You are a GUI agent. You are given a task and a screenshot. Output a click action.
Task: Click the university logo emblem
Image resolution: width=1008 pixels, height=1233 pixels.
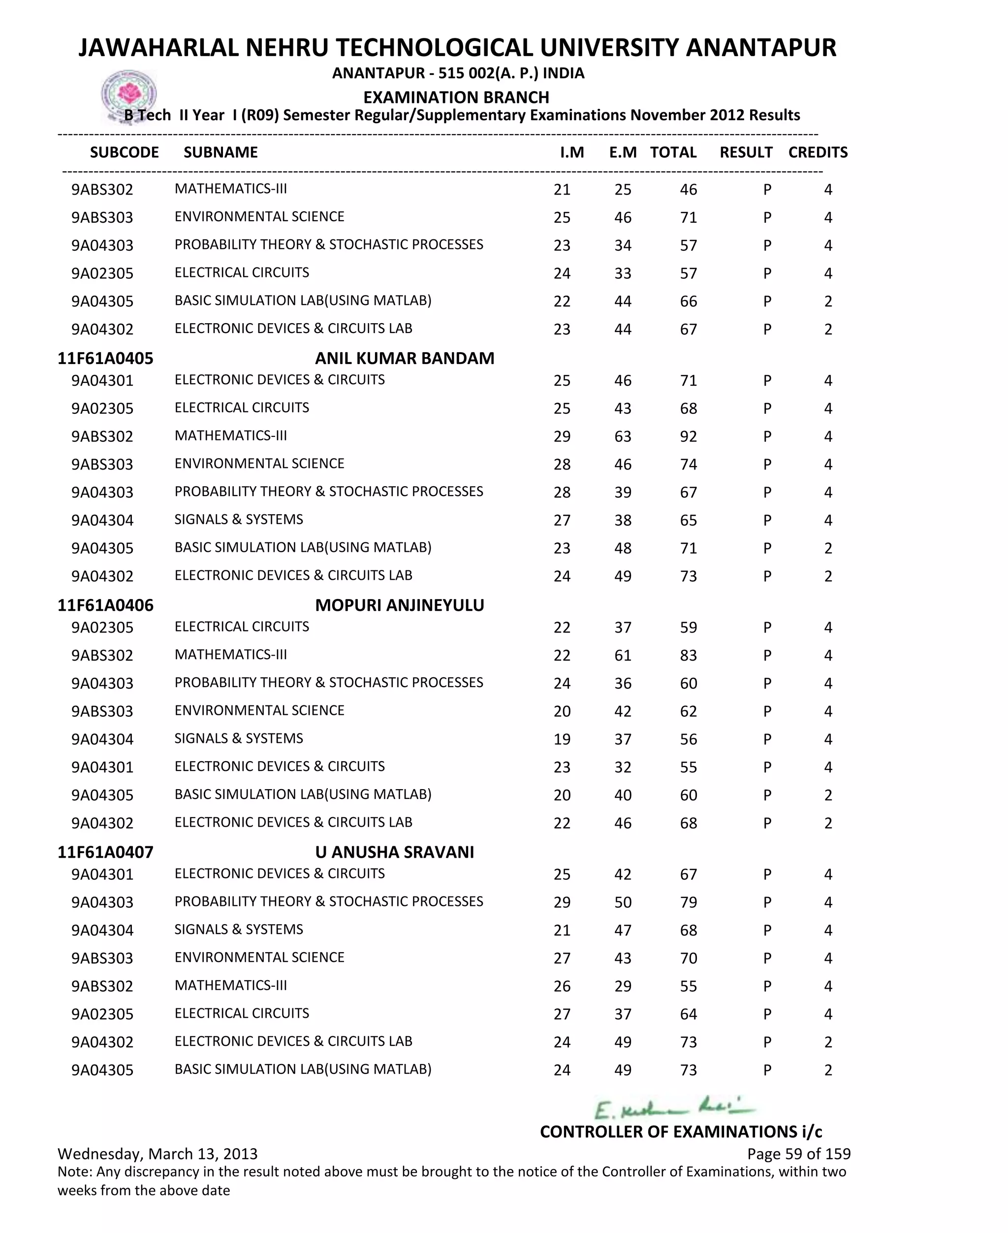[128, 95]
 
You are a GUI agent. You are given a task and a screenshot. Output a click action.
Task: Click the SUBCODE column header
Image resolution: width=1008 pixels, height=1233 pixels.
[124, 152]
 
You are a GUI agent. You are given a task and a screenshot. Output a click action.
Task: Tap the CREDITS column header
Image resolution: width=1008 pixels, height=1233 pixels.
[818, 152]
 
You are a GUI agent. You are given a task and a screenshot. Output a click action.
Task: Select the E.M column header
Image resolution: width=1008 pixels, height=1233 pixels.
[623, 152]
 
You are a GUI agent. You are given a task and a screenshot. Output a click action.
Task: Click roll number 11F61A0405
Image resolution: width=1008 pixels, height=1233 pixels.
[105, 358]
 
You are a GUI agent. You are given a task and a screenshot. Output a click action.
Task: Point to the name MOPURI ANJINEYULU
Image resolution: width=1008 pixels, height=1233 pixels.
[400, 605]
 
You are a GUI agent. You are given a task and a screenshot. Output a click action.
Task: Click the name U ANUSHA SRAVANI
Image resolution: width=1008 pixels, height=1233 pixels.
[394, 852]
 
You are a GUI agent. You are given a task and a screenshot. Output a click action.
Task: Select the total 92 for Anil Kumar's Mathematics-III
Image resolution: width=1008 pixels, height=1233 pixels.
[688, 436]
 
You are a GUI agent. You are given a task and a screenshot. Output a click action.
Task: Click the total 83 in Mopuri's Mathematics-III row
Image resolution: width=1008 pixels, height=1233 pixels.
[688, 656]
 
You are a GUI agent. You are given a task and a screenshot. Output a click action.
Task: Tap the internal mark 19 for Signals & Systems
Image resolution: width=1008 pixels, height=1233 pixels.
[562, 739]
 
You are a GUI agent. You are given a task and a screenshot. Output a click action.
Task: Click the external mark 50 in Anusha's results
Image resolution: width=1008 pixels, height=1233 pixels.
[623, 902]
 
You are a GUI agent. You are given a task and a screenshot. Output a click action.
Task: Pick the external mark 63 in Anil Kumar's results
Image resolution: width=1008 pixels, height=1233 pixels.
[623, 436]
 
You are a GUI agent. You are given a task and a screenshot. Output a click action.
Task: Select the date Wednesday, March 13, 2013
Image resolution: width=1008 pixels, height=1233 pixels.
[157, 1153]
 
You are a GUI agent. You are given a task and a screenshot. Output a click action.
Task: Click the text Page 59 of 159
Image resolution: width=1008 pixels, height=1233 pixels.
[798, 1153]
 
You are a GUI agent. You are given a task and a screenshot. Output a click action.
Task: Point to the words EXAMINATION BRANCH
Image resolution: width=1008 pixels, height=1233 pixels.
[456, 97]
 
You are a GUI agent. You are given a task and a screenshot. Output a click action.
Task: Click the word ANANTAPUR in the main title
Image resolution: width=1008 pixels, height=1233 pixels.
[760, 48]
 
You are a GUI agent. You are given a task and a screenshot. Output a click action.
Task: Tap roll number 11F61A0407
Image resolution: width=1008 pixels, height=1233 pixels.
[105, 852]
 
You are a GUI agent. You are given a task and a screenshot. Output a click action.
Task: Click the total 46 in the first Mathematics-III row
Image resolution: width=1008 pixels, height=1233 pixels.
[688, 190]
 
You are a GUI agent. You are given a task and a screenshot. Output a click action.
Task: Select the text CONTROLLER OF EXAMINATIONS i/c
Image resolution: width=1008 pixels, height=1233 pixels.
[681, 1132]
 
